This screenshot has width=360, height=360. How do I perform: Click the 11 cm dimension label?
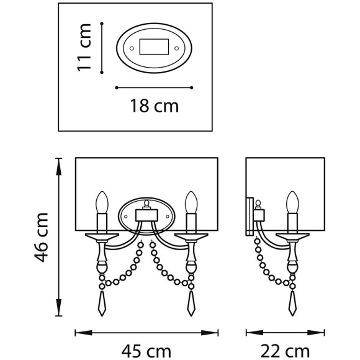tap(84, 47)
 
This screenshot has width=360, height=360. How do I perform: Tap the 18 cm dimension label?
tap(155, 106)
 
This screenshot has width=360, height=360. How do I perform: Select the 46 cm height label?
tap(41, 237)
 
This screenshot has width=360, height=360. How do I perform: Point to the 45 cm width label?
tap(146, 351)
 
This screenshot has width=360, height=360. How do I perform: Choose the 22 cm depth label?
tap(285, 351)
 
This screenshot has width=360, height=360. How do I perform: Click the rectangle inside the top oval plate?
tap(154, 47)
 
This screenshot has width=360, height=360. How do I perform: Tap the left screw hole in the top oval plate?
tap(132, 48)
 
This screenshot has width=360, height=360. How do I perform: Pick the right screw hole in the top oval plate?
tap(176, 48)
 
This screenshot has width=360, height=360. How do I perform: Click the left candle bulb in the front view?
tap(102, 202)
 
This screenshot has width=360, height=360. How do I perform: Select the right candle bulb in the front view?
tap(191, 202)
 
